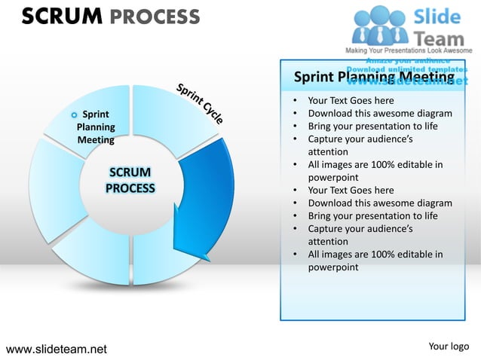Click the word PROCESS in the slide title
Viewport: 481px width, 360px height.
pyautogui.click(x=155, y=17)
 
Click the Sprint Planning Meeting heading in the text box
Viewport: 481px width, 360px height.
pyautogui.click(x=373, y=77)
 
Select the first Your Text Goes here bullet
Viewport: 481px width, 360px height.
pyautogui.click(x=351, y=101)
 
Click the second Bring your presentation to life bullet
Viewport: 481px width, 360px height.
pyautogui.click(x=372, y=215)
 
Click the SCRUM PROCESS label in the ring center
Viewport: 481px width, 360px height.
pyautogui.click(x=130, y=181)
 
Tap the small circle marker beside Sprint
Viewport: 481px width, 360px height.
pyautogui.click(x=73, y=115)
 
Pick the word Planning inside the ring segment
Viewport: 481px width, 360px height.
pyautogui.click(x=96, y=127)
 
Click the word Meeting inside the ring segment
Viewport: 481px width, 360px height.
pyautogui.click(x=96, y=140)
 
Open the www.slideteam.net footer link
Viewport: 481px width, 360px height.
pyautogui.click(x=57, y=349)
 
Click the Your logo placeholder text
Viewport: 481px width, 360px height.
pyautogui.click(x=449, y=346)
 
